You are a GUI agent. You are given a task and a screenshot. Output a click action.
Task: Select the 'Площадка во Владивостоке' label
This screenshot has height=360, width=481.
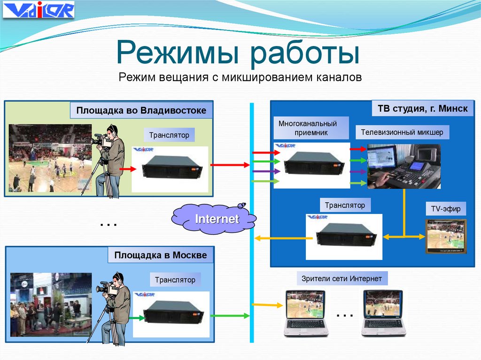141,111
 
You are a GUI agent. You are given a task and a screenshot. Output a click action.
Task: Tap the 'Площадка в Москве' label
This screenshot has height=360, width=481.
160,256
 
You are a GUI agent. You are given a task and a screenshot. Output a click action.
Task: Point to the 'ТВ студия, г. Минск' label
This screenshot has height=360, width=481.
422,109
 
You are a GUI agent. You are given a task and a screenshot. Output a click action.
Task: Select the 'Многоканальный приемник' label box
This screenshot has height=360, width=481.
308,128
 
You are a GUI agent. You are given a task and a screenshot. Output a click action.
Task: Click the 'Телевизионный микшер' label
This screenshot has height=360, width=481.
402,132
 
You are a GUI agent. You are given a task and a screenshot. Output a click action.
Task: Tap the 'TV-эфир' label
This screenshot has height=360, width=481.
446,208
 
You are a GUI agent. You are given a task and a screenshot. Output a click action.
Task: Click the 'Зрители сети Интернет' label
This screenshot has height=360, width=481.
341,279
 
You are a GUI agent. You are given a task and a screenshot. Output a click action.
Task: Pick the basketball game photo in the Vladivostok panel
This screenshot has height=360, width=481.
50,158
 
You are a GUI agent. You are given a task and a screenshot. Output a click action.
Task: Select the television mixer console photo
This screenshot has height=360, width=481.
403,166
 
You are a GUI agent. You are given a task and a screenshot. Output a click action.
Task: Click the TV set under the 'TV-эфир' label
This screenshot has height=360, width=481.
446,236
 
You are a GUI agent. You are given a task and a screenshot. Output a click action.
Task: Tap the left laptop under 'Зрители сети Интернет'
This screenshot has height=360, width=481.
306,313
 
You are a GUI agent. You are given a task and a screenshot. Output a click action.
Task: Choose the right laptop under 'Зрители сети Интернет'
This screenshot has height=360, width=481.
383,313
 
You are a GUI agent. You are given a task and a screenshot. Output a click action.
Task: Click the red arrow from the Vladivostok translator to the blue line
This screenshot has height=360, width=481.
230,165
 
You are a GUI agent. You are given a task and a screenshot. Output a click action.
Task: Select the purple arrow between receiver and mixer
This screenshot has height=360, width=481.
358,172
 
